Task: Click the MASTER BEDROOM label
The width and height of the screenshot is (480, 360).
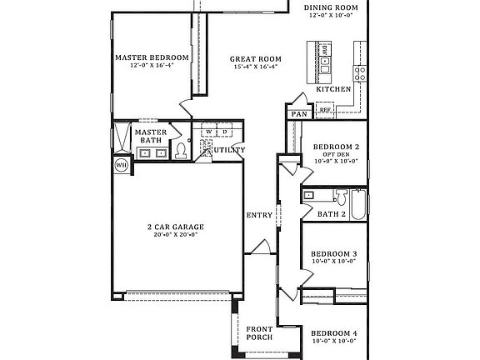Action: coord(152,57)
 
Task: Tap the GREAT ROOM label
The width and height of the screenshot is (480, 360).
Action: coord(256,59)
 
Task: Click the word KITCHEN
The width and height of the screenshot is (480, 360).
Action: coord(332,88)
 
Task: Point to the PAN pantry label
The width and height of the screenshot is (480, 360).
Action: coord(297,114)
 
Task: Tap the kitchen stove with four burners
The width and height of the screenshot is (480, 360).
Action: coord(359,73)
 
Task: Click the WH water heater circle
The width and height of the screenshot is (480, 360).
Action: coord(122,163)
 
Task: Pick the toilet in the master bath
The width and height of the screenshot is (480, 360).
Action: coord(181,151)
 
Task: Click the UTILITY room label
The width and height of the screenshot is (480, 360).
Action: coord(229,151)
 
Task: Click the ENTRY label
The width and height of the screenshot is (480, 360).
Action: coord(259,216)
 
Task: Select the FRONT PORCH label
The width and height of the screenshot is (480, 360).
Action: coord(259,334)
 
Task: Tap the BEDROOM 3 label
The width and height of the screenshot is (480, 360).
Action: coord(334,253)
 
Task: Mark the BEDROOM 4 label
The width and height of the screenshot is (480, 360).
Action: coord(334,333)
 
